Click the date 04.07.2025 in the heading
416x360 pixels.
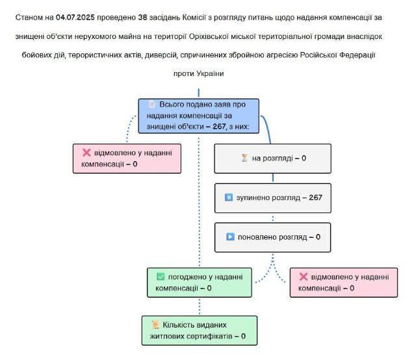(75, 18)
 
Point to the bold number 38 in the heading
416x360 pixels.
(142, 18)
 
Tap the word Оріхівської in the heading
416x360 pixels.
(209, 36)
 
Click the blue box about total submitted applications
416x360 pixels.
(198, 116)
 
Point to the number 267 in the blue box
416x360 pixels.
(219, 127)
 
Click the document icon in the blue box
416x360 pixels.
(152, 104)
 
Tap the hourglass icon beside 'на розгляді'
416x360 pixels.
(244, 158)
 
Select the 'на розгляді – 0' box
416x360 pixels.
(273, 159)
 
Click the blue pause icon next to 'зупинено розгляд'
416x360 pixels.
(229, 198)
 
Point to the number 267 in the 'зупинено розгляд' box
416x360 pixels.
(315, 198)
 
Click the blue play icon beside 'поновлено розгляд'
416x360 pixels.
(230, 237)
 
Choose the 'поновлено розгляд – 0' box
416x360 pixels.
(273, 237)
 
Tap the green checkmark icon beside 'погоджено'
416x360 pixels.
(161, 277)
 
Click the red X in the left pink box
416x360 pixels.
(86, 153)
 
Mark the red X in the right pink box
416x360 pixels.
(304, 277)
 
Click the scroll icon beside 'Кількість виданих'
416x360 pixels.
(155, 325)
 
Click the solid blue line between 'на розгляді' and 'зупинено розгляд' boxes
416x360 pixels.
(273, 178)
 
